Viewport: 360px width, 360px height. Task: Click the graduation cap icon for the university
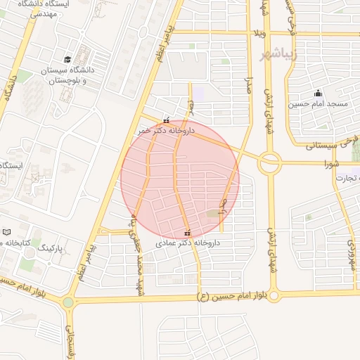(x=67, y=59)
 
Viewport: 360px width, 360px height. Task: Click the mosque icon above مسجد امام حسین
(x=318, y=93)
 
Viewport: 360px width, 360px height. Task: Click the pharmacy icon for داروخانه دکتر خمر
(x=166, y=120)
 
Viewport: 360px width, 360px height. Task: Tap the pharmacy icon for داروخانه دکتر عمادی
(x=187, y=233)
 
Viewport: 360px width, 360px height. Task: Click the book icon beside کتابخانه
(x=7, y=232)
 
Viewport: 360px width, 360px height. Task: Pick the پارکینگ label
(x=50, y=248)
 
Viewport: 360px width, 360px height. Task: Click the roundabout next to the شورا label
(x=269, y=164)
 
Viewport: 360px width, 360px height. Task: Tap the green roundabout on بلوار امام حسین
(x=68, y=302)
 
